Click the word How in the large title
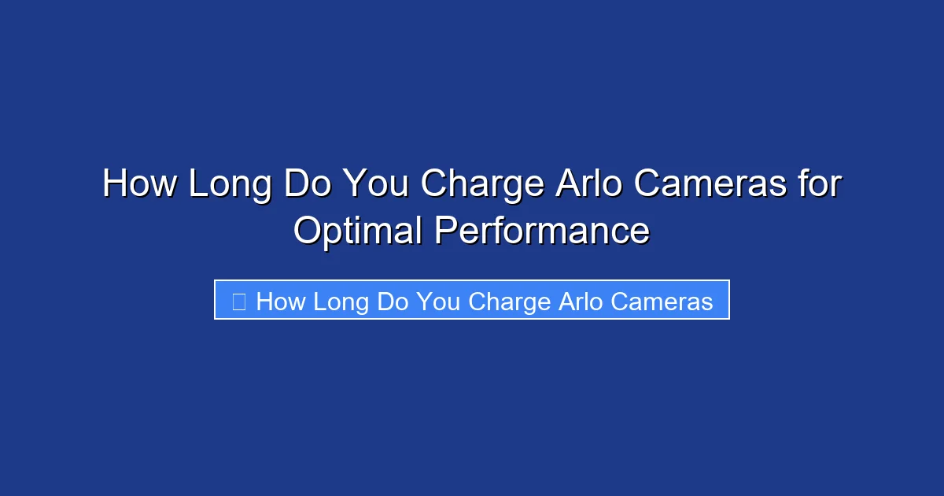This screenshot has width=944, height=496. point(139,185)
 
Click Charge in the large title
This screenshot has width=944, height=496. point(482,185)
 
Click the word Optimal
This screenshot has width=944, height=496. point(357,231)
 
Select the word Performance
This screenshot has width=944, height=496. point(542,231)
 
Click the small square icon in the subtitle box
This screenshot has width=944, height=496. point(239,301)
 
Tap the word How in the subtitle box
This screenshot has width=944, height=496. point(281,302)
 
